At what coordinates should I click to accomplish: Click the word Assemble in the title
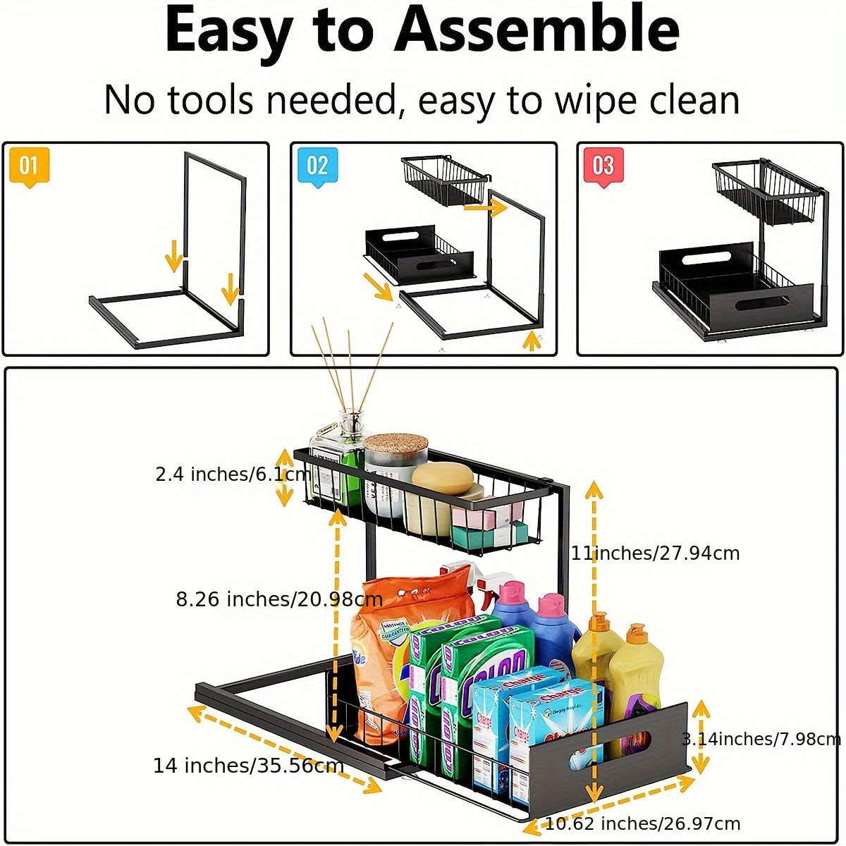click(x=536, y=32)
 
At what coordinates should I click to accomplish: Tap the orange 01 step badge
click(x=29, y=167)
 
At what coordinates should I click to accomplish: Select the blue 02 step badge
click(x=317, y=167)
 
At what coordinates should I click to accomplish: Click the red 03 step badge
click(x=603, y=167)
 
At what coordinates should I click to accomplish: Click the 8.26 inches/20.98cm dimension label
click(x=278, y=599)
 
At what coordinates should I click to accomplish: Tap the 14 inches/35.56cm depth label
click(x=248, y=766)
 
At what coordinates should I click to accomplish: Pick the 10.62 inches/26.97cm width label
click(x=642, y=823)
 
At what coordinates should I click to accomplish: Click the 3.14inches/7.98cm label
click(x=761, y=739)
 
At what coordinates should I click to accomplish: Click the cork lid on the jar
click(x=396, y=443)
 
